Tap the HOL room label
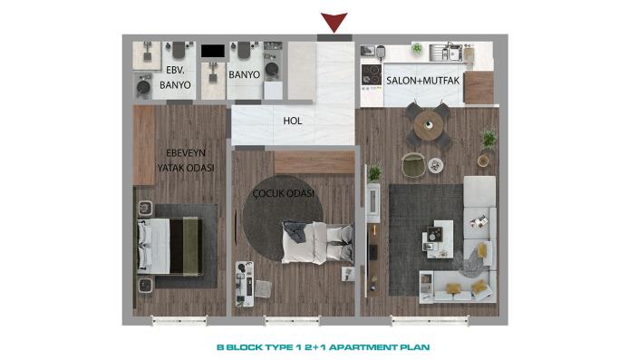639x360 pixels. pyautogui.click(x=292, y=120)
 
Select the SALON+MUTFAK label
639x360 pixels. pyautogui.click(x=424, y=82)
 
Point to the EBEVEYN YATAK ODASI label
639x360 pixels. pyautogui.click(x=184, y=161)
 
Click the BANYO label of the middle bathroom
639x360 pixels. pyautogui.click(x=245, y=75)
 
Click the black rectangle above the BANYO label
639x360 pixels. pyautogui.click(x=213, y=53)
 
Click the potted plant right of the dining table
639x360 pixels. pyautogui.click(x=489, y=138)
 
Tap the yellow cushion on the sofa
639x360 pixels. pyautogui.click(x=482, y=248)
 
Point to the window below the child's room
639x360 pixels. pyautogui.click(x=294, y=321)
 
